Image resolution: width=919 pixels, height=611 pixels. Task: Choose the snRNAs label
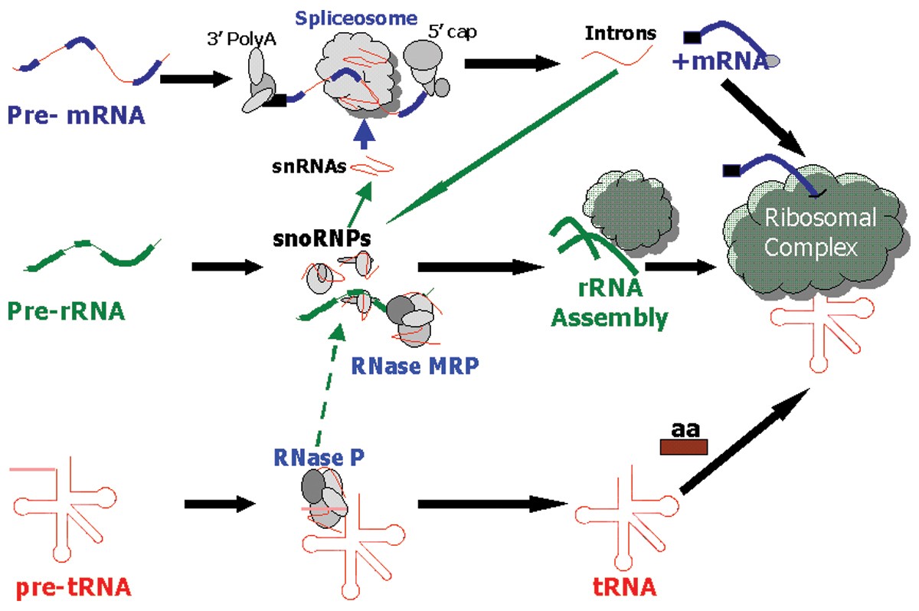pyautogui.click(x=313, y=166)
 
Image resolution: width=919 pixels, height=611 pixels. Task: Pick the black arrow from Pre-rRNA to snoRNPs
pyautogui.click(x=227, y=268)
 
